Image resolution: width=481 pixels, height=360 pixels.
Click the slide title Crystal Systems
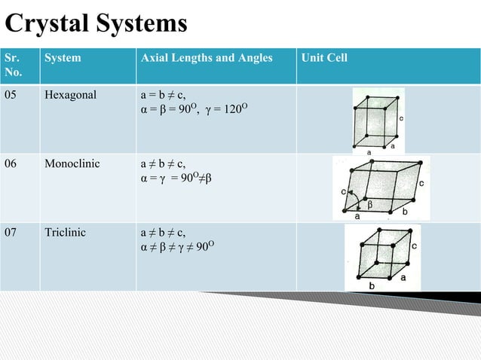pyautogui.click(x=96, y=23)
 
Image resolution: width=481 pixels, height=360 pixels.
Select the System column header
pyautogui.click(x=63, y=57)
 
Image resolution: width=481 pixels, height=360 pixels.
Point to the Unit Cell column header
pyautogui.click(x=324, y=57)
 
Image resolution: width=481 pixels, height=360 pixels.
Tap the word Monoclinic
pyautogui.click(x=72, y=163)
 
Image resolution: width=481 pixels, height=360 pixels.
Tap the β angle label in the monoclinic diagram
pyautogui.click(x=369, y=203)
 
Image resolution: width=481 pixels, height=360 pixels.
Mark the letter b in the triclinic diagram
pyautogui.click(x=372, y=285)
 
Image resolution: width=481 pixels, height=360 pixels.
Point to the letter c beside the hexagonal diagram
pyautogui.click(x=400, y=119)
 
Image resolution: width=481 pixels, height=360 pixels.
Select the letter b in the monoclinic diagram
pyautogui.click(x=406, y=212)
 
